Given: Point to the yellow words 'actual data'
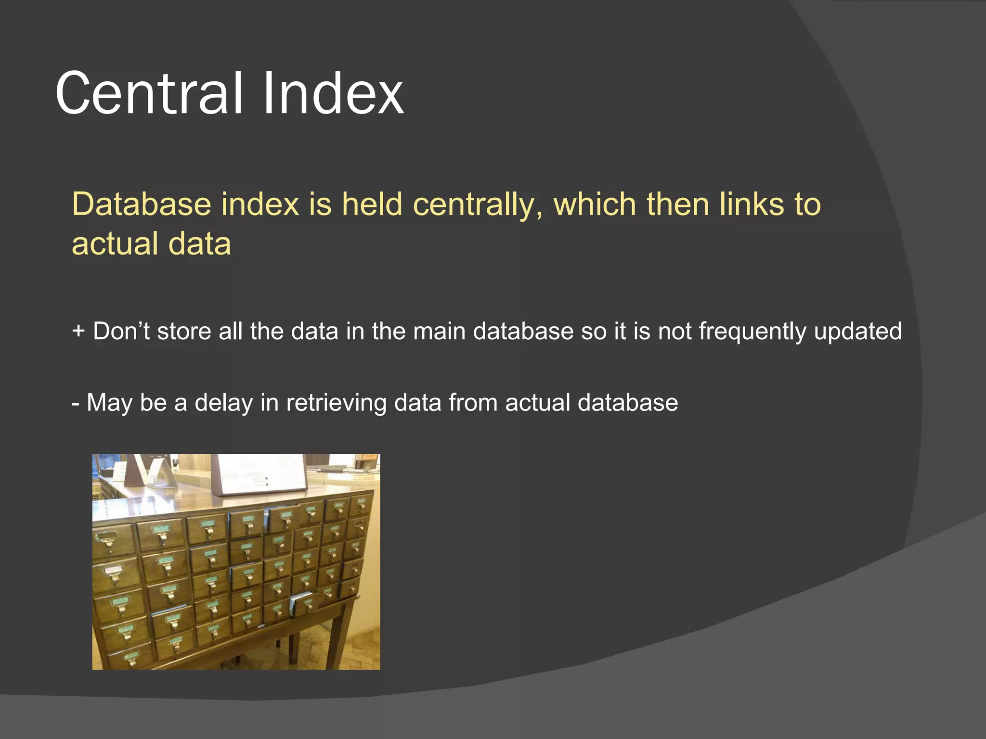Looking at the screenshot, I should (151, 243).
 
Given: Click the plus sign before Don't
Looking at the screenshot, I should (78, 331).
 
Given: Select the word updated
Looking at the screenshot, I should (857, 331).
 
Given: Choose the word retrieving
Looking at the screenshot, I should (336, 403).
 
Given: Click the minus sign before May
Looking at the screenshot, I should (75, 403).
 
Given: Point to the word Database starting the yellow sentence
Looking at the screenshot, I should (142, 204).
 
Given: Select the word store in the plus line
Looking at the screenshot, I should (184, 331).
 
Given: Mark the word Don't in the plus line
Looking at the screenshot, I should (121, 331).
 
